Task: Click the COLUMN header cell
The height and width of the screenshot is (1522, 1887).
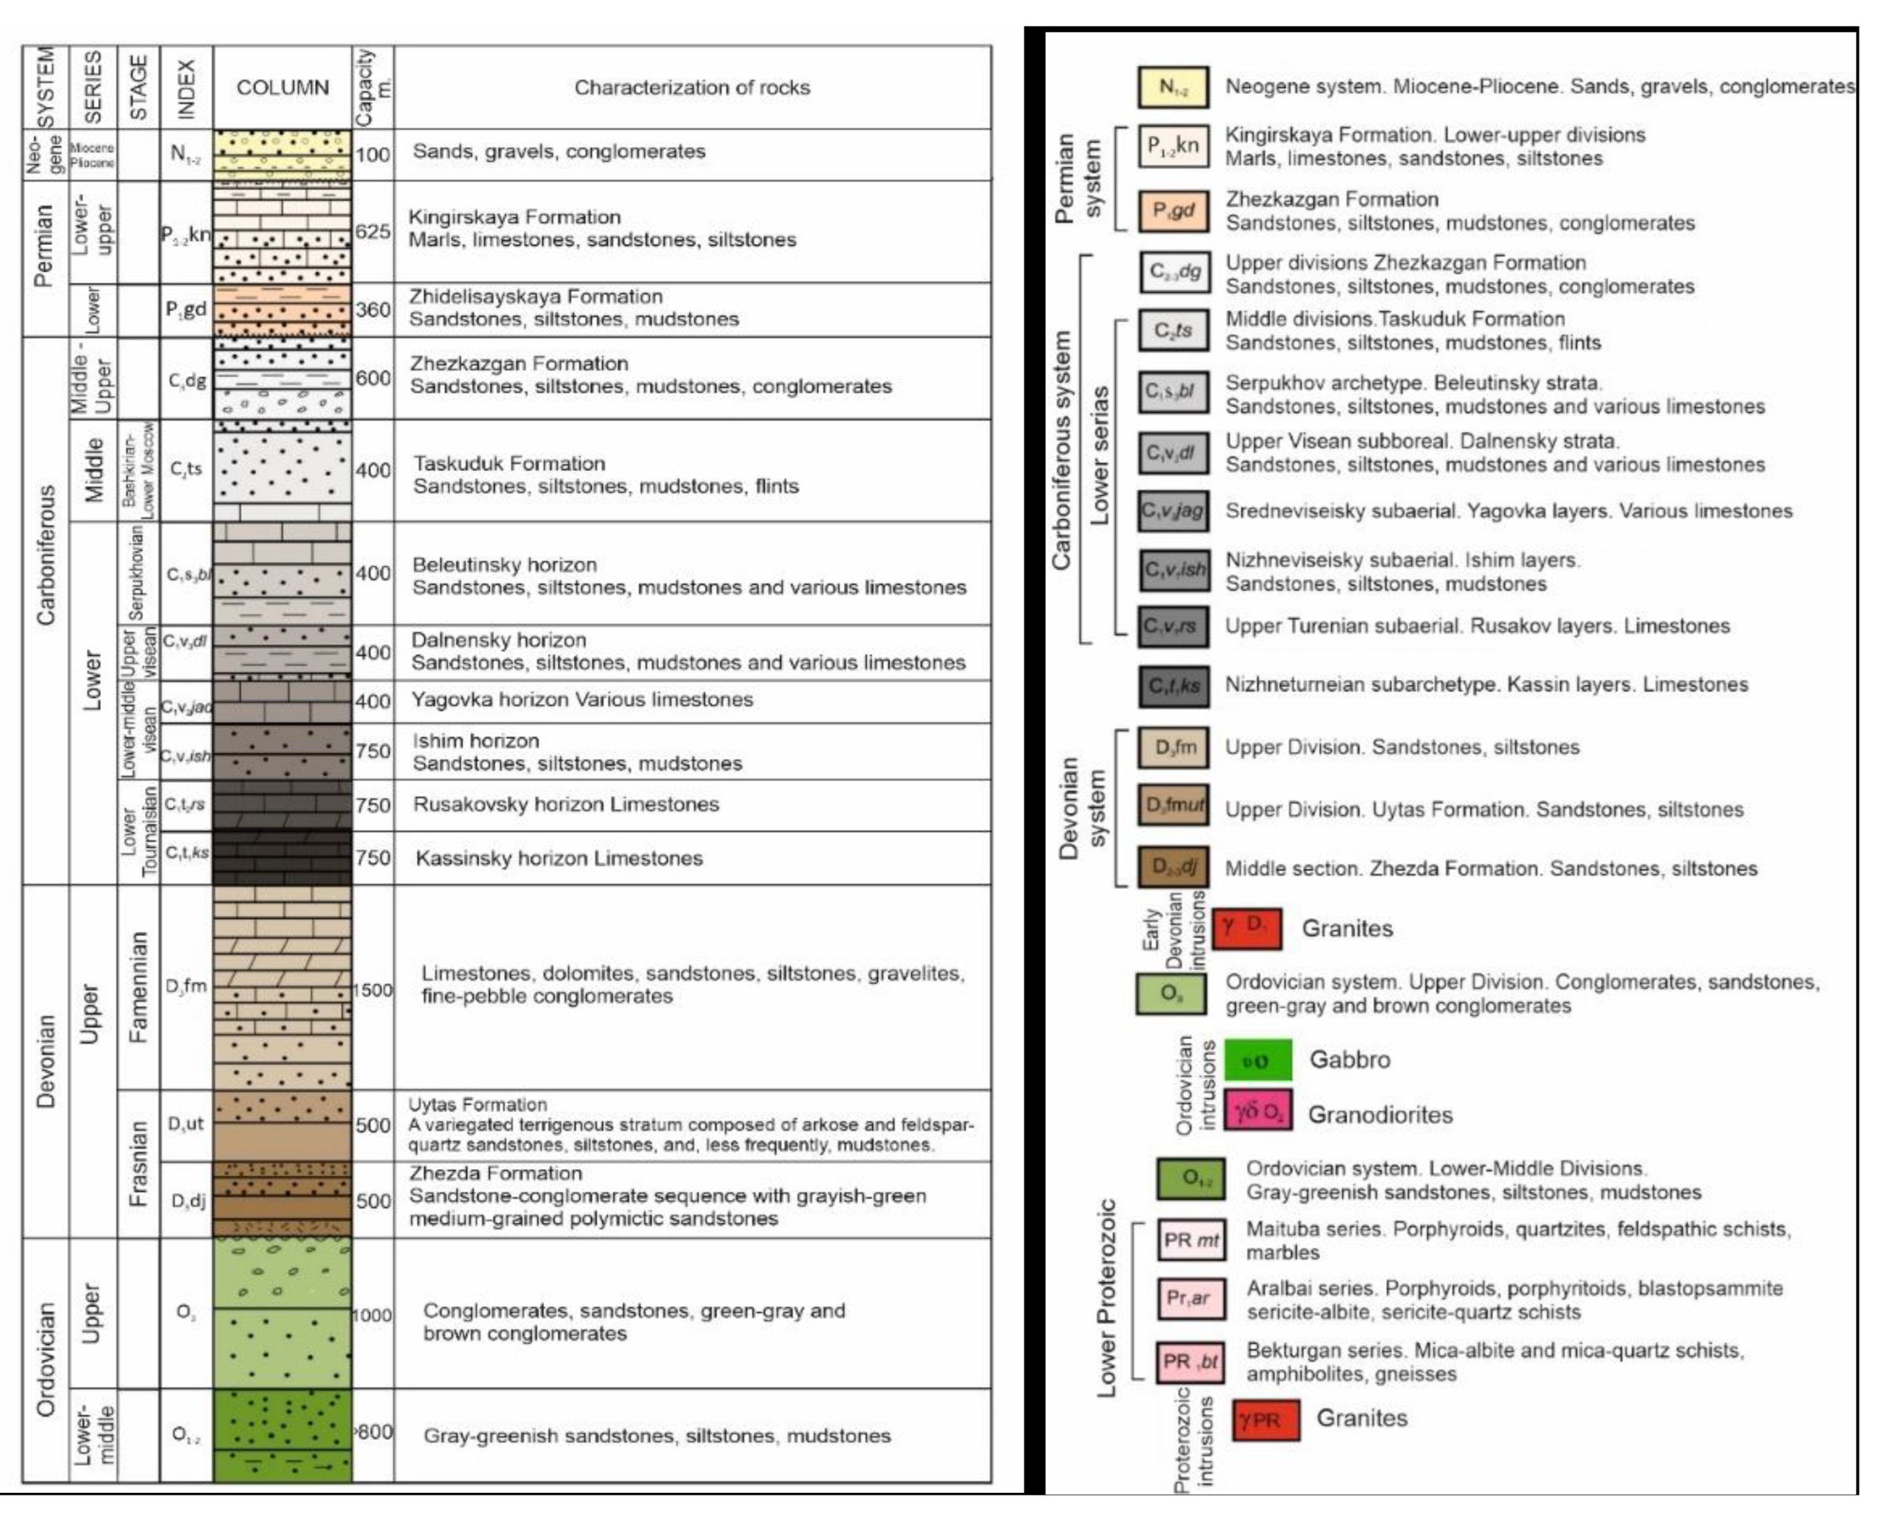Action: (x=282, y=87)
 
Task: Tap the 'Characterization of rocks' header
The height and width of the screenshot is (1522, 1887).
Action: (x=692, y=87)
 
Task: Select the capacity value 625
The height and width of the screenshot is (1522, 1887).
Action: (x=372, y=231)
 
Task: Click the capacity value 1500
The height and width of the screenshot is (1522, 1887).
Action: (x=372, y=989)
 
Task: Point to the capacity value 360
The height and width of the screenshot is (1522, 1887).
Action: (x=372, y=309)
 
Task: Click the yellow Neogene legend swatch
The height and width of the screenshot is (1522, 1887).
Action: (x=1173, y=87)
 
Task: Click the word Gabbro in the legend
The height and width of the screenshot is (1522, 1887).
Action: (x=1350, y=1060)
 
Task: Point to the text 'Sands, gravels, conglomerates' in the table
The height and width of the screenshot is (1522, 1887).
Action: (x=559, y=152)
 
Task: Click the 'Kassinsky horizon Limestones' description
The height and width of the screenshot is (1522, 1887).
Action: (x=559, y=858)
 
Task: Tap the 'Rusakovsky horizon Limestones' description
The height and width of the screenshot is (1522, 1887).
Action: (x=566, y=805)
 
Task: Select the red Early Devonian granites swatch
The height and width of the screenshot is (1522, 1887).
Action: (x=1247, y=929)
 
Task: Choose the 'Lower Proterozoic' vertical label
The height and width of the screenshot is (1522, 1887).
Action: (x=1106, y=1297)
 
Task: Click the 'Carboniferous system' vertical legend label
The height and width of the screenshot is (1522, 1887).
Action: (x=1062, y=450)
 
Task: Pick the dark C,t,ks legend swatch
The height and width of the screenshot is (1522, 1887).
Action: (x=1173, y=685)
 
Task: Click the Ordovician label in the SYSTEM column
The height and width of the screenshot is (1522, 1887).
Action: (x=46, y=1359)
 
